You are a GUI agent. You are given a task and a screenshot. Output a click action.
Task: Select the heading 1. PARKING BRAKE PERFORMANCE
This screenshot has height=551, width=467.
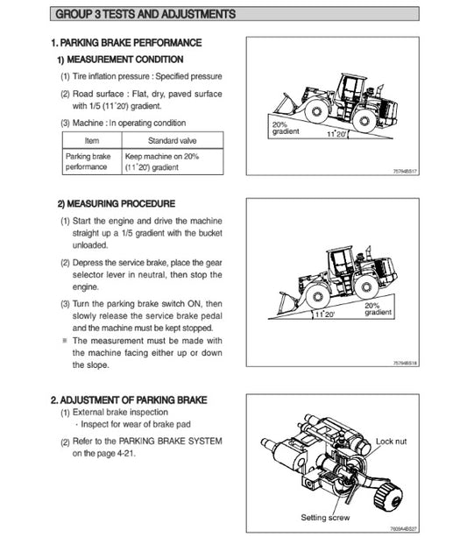pyautogui.click(x=126, y=43)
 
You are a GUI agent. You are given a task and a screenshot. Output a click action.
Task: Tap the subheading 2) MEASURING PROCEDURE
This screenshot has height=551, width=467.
pyautogui.click(x=116, y=203)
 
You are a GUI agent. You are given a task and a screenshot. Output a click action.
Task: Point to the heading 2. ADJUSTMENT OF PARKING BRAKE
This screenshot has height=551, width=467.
pyautogui.click(x=129, y=400)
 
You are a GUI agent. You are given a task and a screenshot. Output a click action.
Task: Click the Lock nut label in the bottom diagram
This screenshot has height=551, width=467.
pyautogui.click(x=391, y=441)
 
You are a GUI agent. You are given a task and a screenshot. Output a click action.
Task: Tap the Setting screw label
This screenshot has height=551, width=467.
pyautogui.click(x=325, y=518)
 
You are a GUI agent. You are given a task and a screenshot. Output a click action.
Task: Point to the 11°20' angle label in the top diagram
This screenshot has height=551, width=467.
pyautogui.click(x=336, y=134)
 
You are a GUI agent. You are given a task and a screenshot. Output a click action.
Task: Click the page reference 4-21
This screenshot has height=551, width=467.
pyautogui.click(x=125, y=454)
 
